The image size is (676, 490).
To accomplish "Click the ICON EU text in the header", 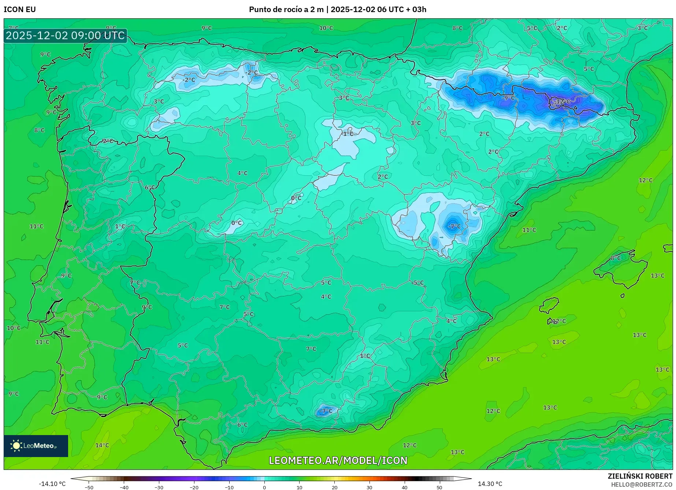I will pyautogui.click(x=20, y=10).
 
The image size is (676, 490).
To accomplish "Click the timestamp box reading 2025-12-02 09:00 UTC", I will pyautogui.click(x=66, y=36).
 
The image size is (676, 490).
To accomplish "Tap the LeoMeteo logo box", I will pyautogui.click(x=36, y=446).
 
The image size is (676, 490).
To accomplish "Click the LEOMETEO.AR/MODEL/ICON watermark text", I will pyautogui.click(x=338, y=460).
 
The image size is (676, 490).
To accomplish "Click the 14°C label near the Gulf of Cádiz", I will pyautogui.click(x=102, y=445).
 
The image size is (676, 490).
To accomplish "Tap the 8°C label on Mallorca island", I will pyautogui.click(x=616, y=258).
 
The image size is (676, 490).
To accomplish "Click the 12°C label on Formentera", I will pyautogui.click(x=559, y=321).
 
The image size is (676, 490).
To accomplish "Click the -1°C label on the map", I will pyautogui.click(x=347, y=134).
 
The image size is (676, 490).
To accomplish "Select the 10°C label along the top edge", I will pyautogui.click(x=326, y=28).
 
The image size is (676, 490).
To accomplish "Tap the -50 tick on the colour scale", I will pyautogui.click(x=89, y=487).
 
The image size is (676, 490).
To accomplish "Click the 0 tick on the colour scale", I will pyautogui.click(x=264, y=487).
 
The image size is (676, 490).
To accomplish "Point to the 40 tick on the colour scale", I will pyautogui.click(x=404, y=487).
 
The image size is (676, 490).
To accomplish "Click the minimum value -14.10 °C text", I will pyautogui.click(x=52, y=484).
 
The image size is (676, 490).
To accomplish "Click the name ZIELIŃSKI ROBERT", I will pyautogui.click(x=640, y=476).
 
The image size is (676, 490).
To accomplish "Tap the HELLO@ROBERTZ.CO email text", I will pyautogui.click(x=641, y=485).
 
